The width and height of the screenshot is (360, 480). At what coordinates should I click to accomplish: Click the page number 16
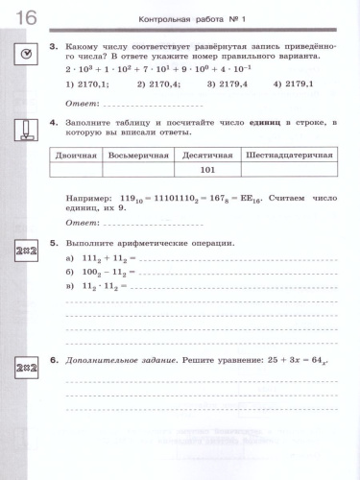click(x=23, y=15)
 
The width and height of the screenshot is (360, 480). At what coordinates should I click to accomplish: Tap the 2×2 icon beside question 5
click(x=26, y=252)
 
